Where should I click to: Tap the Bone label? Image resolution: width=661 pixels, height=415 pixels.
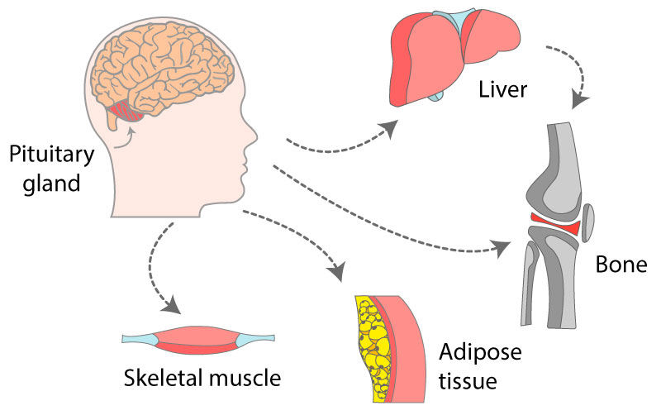[x=620, y=265]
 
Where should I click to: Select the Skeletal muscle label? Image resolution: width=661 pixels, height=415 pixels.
[x=202, y=378]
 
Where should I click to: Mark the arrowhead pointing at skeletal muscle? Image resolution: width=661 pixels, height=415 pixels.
[x=171, y=305]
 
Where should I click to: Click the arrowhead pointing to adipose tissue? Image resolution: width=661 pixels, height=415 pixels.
[x=336, y=270]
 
